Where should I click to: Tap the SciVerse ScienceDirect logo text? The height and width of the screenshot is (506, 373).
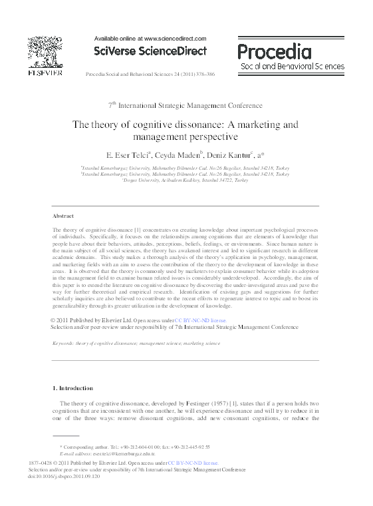tap(150, 51)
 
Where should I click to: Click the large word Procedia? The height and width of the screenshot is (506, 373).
tap(273, 51)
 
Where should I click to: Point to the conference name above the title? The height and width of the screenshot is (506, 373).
tap(186, 105)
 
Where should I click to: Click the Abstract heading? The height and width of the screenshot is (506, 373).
tap(63, 216)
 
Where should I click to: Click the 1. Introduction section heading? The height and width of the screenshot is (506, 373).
tap(72, 387)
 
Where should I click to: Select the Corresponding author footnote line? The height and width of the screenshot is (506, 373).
tap(135, 447)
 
